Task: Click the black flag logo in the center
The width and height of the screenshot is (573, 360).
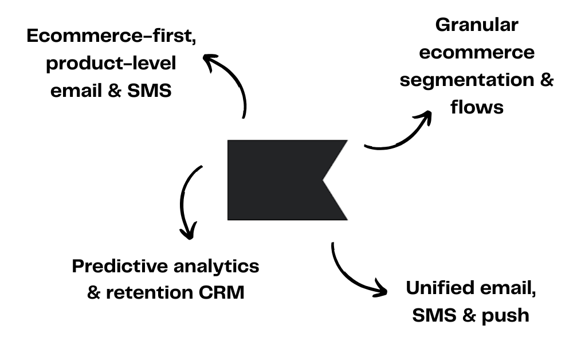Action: coord(275,179)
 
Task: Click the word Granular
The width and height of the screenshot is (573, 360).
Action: coord(477,25)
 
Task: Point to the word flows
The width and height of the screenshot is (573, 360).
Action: coord(477,107)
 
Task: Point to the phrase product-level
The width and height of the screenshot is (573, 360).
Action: coord(111,63)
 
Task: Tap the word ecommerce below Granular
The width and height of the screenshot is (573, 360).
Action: coord(477,52)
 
